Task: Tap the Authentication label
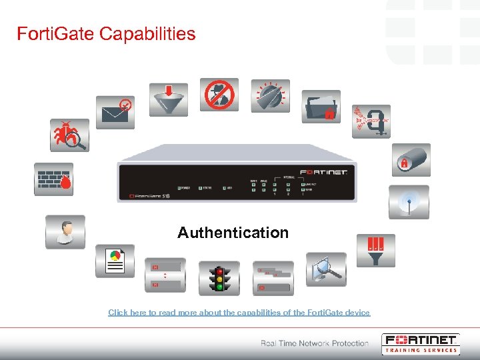point(233,233)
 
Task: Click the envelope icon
point(115,112)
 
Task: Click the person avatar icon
point(65,231)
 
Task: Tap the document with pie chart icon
point(115,261)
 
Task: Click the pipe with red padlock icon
point(410,160)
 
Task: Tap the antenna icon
point(409,202)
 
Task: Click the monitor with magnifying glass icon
point(326,269)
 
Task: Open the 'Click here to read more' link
point(239,312)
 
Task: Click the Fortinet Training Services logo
point(421,343)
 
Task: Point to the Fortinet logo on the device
point(324,173)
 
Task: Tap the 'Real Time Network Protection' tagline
point(314,343)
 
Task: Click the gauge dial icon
point(270,95)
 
